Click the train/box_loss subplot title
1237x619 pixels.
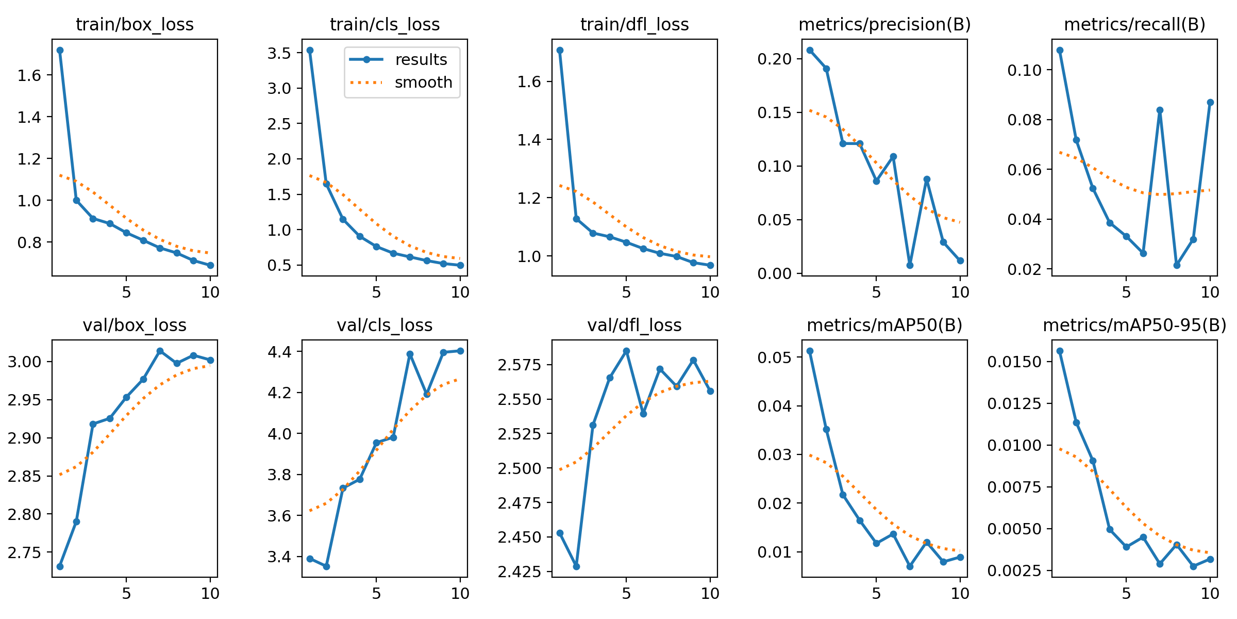point(135,24)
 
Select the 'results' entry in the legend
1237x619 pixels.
point(421,60)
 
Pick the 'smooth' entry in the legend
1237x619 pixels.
point(423,83)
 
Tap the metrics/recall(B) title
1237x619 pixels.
point(1134,24)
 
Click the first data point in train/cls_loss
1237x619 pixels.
point(310,50)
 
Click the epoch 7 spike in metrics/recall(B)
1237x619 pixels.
point(1160,110)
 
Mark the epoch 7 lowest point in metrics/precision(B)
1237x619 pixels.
point(910,265)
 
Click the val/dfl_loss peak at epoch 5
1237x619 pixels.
point(626,351)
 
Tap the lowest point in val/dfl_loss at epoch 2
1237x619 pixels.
point(576,566)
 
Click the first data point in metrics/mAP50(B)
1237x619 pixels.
point(810,351)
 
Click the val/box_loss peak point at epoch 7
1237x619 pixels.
point(160,351)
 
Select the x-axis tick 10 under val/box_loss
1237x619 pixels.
point(210,593)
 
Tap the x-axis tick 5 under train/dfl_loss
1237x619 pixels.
point(626,292)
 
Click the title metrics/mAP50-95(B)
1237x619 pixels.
point(1134,325)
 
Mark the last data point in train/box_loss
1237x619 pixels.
point(210,265)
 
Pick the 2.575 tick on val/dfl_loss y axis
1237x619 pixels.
point(519,365)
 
